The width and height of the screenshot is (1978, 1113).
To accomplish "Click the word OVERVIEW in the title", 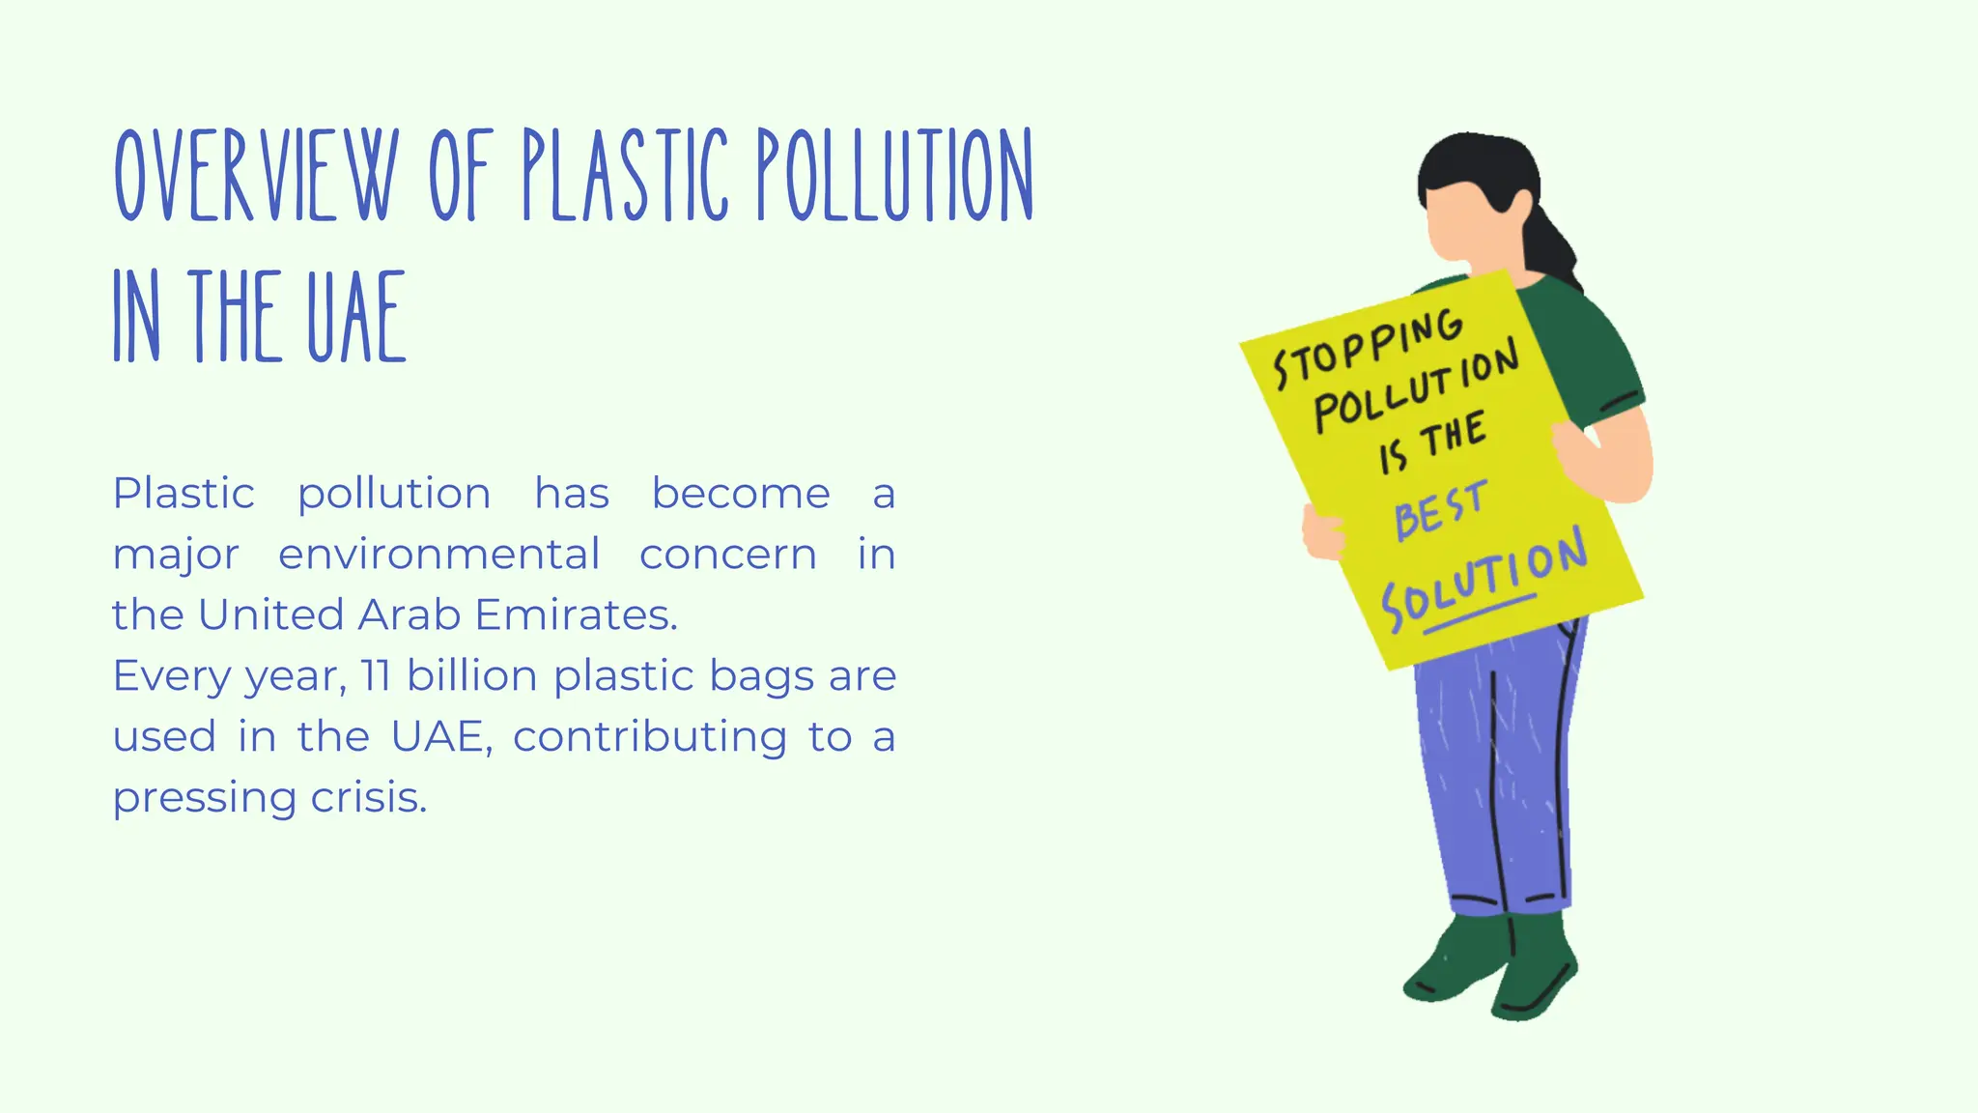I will coord(256,176).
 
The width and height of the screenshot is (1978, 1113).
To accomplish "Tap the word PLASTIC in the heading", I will coord(625,176).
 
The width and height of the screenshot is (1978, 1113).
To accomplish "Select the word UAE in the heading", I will coord(356,316).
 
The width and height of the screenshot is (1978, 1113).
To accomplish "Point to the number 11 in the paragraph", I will coord(376,675).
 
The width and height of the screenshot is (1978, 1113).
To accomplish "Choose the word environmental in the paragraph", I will coord(439,555).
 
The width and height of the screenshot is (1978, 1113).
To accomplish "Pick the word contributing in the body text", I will coord(650,736).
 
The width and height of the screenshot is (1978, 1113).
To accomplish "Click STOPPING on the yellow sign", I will coord(1368,348).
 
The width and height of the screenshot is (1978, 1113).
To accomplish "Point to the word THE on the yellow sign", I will coord(1452,436).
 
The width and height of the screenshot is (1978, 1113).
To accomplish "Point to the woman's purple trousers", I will coord(1497,773).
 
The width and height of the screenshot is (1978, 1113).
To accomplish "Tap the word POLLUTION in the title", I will coord(894,176).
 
